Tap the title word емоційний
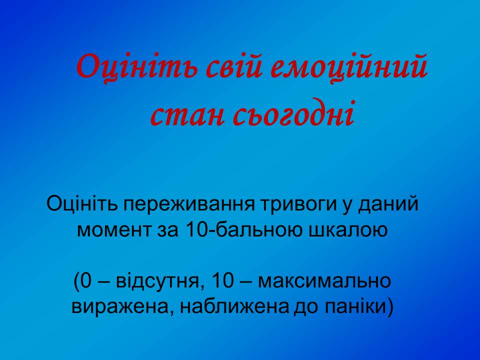pyautogui.click(x=349, y=66)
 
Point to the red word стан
pyautogui.click(x=186, y=115)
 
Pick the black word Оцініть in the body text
pyautogui.click(x=82, y=203)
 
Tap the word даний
pyautogui.click(x=388, y=203)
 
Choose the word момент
pyautogui.click(x=114, y=230)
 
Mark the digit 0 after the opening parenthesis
pyautogui.click(x=86, y=280)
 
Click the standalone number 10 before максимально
pyautogui.click(x=222, y=280)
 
